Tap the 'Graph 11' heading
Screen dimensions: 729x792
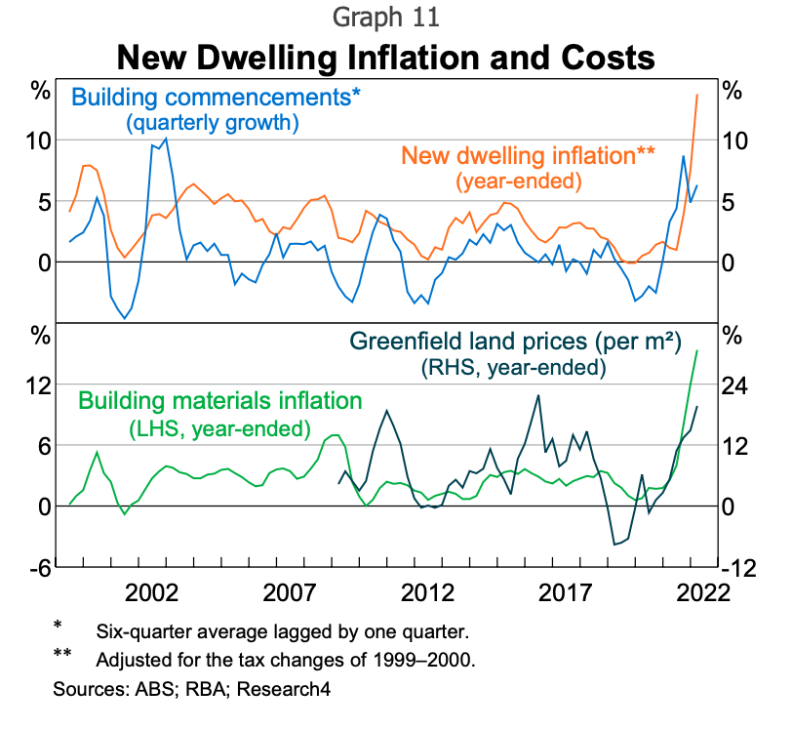click(386, 18)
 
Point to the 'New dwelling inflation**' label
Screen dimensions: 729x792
click(528, 155)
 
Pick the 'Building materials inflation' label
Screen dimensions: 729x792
click(219, 400)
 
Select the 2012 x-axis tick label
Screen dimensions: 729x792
click(428, 594)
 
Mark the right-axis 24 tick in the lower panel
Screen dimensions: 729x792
click(737, 385)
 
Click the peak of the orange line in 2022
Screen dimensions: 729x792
click(695, 94)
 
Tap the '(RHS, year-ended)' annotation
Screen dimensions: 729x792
click(513, 369)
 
